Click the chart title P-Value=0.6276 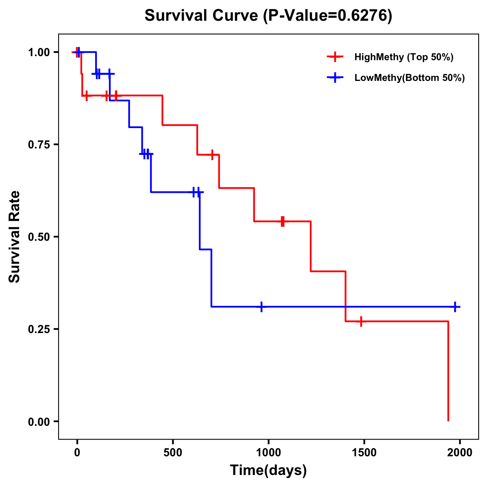tap(268, 16)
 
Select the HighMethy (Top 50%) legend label tap(403, 57)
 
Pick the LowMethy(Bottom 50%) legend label tap(409, 78)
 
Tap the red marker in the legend tap(335, 57)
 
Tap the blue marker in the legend tap(335, 78)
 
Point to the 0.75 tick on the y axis tap(39, 144)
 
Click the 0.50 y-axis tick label tap(39, 237)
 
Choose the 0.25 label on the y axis tap(39, 329)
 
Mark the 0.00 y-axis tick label tap(39, 421)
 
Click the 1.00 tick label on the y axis tap(39, 52)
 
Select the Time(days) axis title tap(268, 470)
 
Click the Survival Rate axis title tap(15, 237)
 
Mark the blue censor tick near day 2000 tap(455, 307)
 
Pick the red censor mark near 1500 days tap(361, 321)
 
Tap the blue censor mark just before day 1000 tap(261, 307)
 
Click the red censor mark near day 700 tap(212, 155)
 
